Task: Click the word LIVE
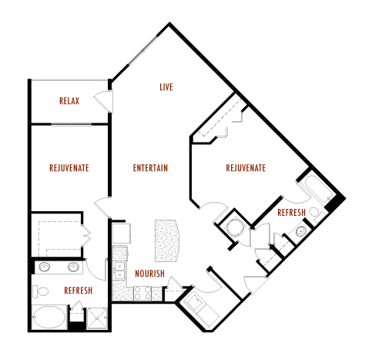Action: coord(166,87)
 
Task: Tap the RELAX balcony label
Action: coord(69,101)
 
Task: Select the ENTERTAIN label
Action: coord(150,168)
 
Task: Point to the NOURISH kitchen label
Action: coord(149,274)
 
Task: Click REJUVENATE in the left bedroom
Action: coord(69,168)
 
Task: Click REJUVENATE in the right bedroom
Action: coord(246,168)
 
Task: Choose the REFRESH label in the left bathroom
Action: coord(79,291)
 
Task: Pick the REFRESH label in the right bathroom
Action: coord(292,213)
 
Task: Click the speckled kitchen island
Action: coord(167,241)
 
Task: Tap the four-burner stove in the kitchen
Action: coord(142,293)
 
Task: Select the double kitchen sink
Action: coord(119,271)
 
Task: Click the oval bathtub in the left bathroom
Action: coord(49,317)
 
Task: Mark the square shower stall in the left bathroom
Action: coord(97,318)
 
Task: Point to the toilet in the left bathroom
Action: coord(41,291)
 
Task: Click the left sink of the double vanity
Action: coord(45,267)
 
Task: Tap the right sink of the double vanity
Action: coord(74,267)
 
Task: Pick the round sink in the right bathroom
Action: coord(300,231)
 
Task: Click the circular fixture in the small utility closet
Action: coord(234,227)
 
